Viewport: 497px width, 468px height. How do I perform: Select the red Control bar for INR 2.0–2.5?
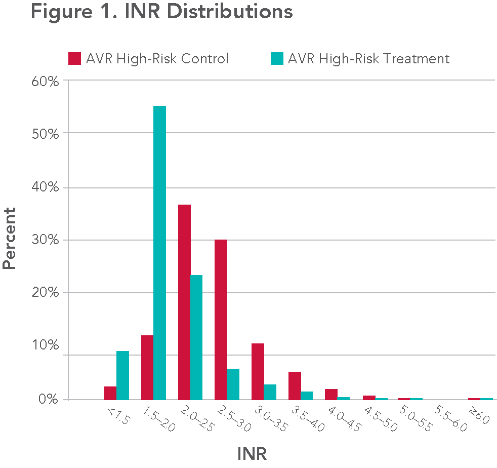184,302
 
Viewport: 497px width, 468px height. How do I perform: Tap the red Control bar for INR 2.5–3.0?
221,319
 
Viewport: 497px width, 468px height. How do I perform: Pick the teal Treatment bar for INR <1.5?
122,375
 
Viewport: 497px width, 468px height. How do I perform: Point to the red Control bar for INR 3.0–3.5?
258,371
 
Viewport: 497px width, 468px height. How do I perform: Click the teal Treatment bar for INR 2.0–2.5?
196,337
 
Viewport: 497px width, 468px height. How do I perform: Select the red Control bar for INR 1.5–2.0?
147,367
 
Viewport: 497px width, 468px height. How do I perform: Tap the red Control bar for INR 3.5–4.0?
295,385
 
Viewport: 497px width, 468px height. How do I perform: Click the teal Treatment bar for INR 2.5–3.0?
233,384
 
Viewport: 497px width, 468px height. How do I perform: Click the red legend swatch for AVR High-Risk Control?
74,59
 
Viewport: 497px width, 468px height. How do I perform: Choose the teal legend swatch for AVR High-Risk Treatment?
276,59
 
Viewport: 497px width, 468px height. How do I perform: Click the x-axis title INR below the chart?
252,452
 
